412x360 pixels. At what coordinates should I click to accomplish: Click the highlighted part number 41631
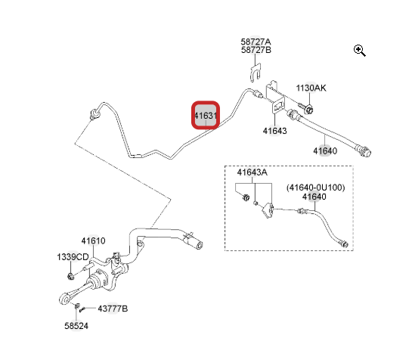pyautogui.click(x=206, y=116)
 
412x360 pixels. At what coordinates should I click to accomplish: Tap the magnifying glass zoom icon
pyautogui.click(x=359, y=51)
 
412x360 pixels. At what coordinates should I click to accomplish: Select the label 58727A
pyautogui.click(x=256, y=42)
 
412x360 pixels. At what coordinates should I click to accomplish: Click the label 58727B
pyautogui.click(x=256, y=50)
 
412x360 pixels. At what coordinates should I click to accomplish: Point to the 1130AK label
pyautogui.click(x=311, y=88)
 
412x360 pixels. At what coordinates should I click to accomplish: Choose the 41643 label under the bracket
pyautogui.click(x=275, y=131)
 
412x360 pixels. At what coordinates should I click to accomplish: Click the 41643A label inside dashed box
pyautogui.click(x=252, y=172)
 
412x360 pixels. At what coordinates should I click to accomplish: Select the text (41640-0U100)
pyautogui.click(x=315, y=188)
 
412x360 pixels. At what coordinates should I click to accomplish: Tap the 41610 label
pyautogui.click(x=93, y=241)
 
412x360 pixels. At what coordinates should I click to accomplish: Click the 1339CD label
pyautogui.click(x=73, y=257)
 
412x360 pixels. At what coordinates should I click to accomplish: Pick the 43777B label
pyautogui.click(x=113, y=309)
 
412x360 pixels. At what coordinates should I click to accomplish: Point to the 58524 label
pyautogui.click(x=76, y=326)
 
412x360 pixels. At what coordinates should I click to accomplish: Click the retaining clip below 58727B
pyautogui.click(x=255, y=72)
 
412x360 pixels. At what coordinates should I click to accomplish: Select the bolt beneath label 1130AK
pyautogui.click(x=306, y=109)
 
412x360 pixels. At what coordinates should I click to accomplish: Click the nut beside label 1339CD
pyautogui.click(x=70, y=276)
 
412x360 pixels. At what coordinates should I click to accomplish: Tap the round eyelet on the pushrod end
pyautogui.click(x=64, y=299)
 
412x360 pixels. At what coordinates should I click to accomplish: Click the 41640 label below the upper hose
pyautogui.click(x=325, y=151)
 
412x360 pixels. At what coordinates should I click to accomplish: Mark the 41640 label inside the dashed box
pyautogui.click(x=314, y=197)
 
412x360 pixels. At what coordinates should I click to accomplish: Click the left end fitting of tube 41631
pyautogui.click(x=94, y=115)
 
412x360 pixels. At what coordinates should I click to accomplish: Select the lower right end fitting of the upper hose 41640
pyautogui.click(x=364, y=151)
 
